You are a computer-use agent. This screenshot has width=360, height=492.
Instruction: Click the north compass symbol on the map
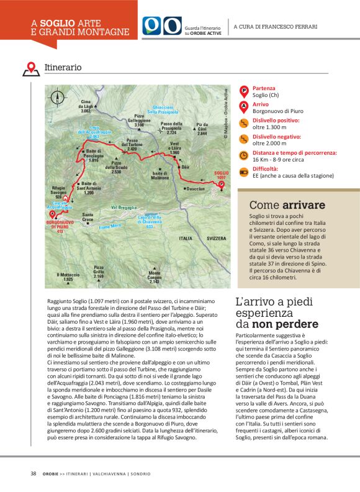point(58,98)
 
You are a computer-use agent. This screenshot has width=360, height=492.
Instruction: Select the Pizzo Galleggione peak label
point(139,121)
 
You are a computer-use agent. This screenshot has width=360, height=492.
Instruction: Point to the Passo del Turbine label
point(132,144)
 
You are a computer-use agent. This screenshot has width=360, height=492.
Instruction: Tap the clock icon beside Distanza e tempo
point(244,155)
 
